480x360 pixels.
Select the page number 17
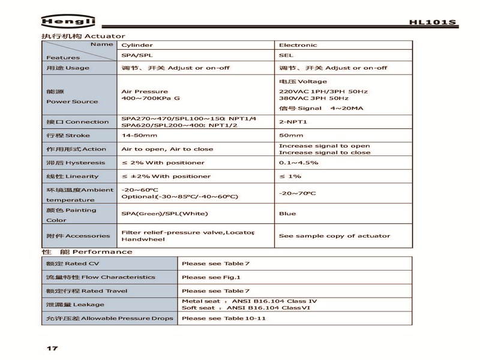click(x=52, y=347)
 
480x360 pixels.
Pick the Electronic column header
click(x=298, y=45)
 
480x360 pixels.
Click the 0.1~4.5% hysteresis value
click(x=299, y=163)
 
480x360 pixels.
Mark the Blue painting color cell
click(x=287, y=214)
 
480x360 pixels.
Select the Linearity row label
click(x=73, y=176)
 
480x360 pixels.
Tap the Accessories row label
click(x=78, y=236)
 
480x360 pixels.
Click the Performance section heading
click(x=87, y=252)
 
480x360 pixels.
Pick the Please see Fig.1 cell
click(x=211, y=277)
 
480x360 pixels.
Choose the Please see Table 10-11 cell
click(x=223, y=318)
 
